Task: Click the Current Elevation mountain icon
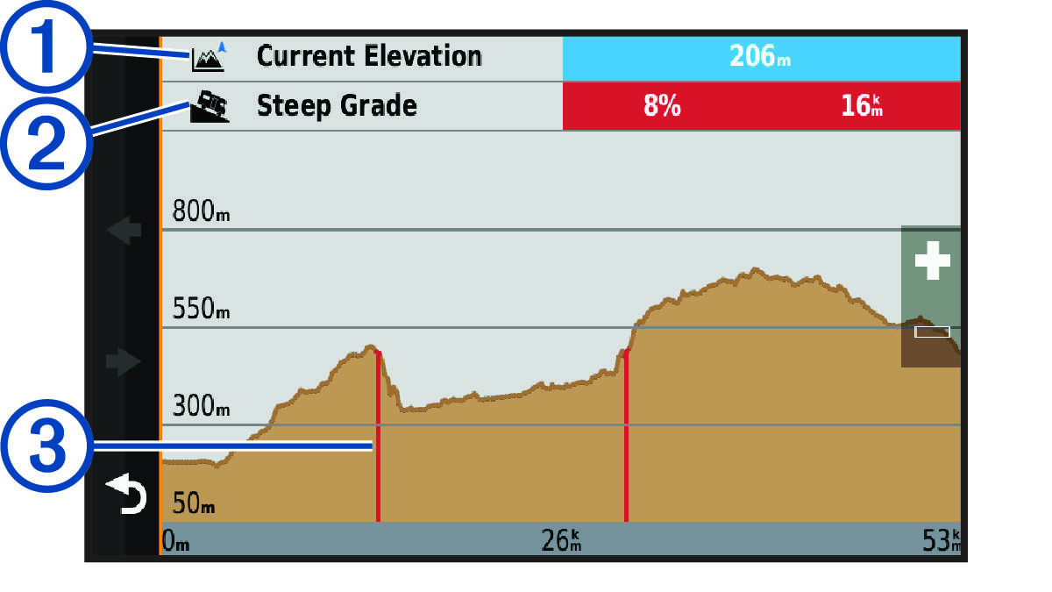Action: [209, 58]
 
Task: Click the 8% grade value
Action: [662, 107]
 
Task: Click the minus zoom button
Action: [932, 332]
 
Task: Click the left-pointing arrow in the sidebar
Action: [123, 232]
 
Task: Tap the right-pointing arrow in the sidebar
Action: [123, 360]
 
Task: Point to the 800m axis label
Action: [201, 213]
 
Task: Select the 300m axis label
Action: [201, 407]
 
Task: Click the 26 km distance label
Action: [562, 540]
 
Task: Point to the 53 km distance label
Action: [941, 540]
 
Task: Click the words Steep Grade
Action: [337, 107]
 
